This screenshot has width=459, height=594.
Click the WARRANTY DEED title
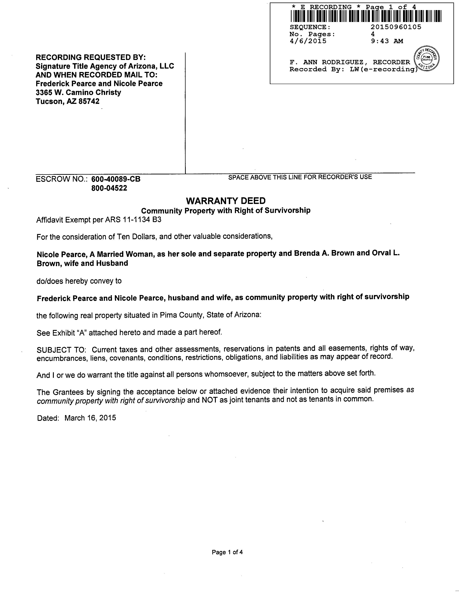click(226, 201)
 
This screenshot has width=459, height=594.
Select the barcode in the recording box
click(366, 16)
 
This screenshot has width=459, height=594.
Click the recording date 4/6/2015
click(308, 41)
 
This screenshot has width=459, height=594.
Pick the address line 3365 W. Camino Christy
click(78, 93)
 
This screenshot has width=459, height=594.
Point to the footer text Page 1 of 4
click(227, 552)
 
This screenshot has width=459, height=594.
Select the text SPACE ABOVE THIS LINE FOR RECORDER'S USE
click(300, 177)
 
